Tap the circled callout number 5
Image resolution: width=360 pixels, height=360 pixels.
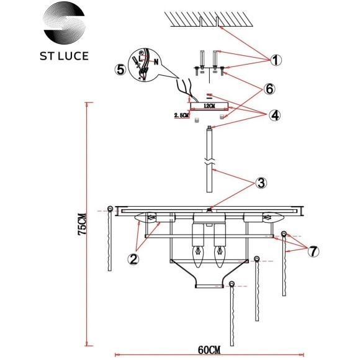[120, 69]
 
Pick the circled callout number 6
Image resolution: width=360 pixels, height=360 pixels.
[269, 89]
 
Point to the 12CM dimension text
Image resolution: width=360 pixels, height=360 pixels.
[209, 106]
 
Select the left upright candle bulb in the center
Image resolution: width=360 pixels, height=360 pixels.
[200, 254]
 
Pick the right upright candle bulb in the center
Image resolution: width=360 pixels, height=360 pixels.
[218, 254]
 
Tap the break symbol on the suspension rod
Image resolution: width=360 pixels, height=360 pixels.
[210, 168]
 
